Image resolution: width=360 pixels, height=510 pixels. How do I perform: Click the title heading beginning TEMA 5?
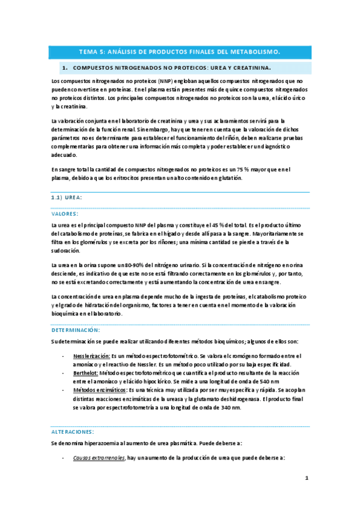click(180, 52)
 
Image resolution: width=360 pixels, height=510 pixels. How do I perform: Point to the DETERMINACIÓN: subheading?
click(76, 330)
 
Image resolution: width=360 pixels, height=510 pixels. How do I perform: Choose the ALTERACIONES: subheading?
click(73, 432)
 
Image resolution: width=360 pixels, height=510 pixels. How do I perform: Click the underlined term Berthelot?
click(85, 373)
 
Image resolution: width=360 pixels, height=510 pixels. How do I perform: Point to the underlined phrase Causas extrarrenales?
click(99, 458)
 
